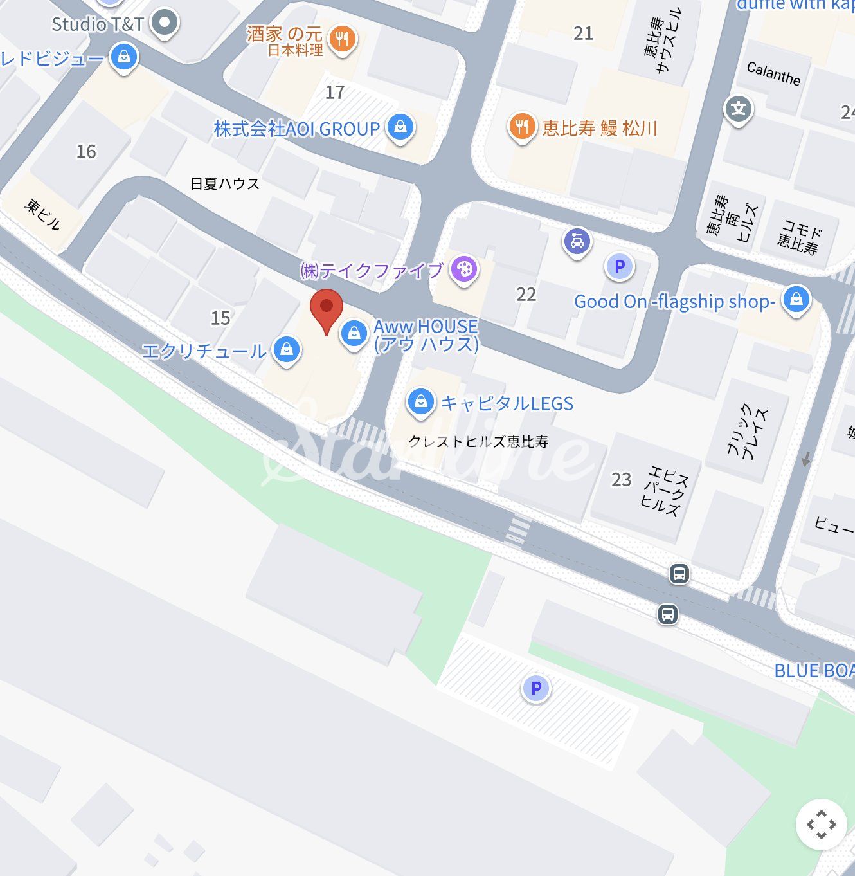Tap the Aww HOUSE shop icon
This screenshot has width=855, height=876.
click(x=353, y=333)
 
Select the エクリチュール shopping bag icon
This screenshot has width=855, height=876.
click(x=287, y=349)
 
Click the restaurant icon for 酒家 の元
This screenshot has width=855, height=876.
click(x=343, y=39)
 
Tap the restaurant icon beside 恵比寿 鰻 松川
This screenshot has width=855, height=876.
click(x=522, y=127)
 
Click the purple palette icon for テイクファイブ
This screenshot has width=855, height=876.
click(x=464, y=269)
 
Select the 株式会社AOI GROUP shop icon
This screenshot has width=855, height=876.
click(x=401, y=127)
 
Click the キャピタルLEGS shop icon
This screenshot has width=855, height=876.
click(x=420, y=402)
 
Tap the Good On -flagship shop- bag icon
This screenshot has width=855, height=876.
click(x=797, y=299)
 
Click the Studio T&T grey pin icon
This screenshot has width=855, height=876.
click(x=165, y=23)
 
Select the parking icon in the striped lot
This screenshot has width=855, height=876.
click(x=535, y=688)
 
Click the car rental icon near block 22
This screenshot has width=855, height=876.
click(x=577, y=242)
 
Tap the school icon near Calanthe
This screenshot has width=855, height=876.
click(x=739, y=109)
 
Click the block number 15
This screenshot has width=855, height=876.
click(x=221, y=318)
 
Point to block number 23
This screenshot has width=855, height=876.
click(x=621, y=479)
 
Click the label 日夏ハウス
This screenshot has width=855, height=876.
click(x=225, y=184)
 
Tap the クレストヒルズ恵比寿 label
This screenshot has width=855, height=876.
click(x=478, y=441)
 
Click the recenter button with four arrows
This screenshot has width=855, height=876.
click(x=821, y=824)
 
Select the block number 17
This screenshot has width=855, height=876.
click(x=334, y=93)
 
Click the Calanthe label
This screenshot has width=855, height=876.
click(x=773, y=73)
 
